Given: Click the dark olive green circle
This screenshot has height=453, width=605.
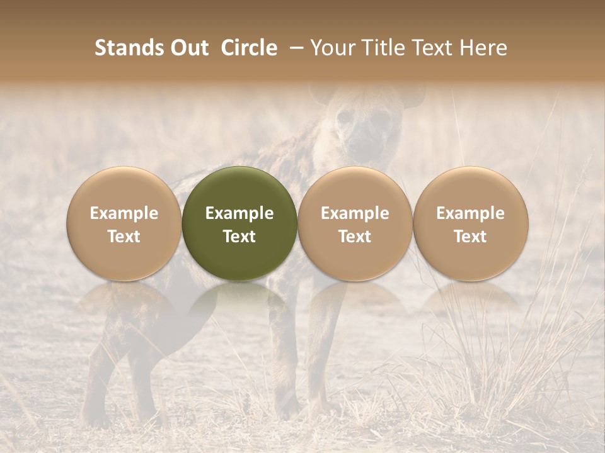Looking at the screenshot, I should pyautogui.click(x=239, y=223).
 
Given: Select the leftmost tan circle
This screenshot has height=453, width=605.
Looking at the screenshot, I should pyautogui.click(x=124, y=223).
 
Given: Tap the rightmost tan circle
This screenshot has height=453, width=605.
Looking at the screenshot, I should pyautogui.click(x=471, y=223).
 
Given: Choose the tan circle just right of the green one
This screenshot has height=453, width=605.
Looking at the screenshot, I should pyautogui.click(x=355, y=223).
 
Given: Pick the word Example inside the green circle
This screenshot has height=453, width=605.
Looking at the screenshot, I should pyautogui.click(x=239, y=213).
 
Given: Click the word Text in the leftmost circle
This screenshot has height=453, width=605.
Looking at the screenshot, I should pyautogui.click(x=124, y=237).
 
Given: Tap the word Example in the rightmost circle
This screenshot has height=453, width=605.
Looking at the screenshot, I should pyautogui.click(x=471, y=213).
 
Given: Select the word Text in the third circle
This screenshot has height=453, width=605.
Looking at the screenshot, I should pyautogui.click(x=355, y=237).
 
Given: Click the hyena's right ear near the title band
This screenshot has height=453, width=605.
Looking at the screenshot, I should pyautogui.click(x=413, y=96).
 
